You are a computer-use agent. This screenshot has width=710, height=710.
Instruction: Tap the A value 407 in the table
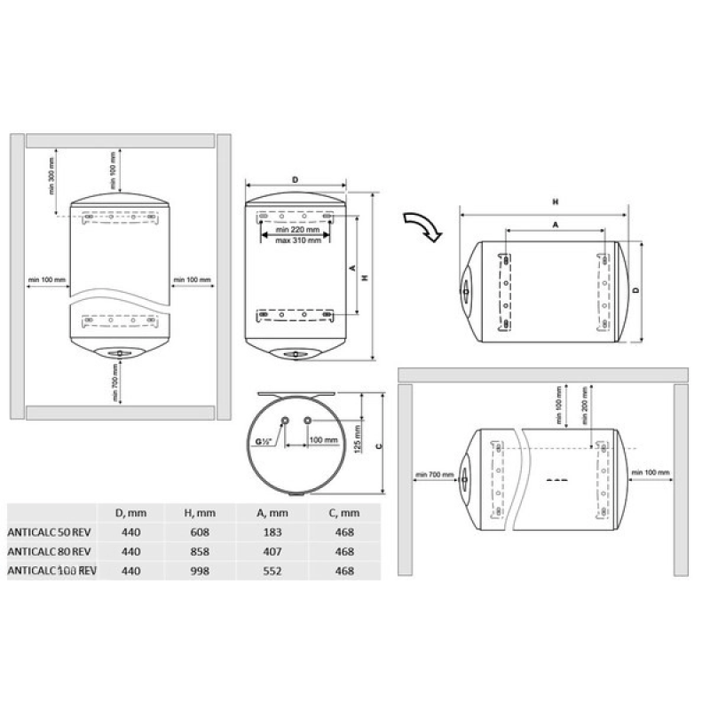tap(276, 553)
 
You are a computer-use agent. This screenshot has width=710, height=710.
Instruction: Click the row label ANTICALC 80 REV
tap(51, 553)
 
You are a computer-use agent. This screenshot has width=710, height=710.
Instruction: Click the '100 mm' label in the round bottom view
tap(323, 440)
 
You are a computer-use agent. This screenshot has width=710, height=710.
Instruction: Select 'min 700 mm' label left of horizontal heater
tap(433, 475)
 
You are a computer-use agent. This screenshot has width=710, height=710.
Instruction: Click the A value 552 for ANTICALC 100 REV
tap(276, 572)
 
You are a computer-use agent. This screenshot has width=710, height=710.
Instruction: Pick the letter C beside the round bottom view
tap(379, 446)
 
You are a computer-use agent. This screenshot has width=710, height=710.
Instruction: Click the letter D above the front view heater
tap(294, 181)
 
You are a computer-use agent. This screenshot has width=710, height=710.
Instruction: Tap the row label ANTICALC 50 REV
tap(51, 532)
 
